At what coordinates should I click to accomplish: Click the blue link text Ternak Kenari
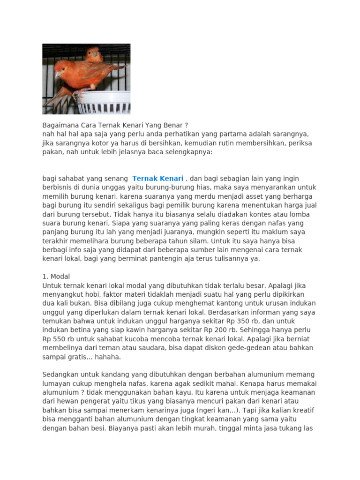click(x=157, y=179)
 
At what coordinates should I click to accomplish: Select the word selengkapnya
click(x=185, y=152)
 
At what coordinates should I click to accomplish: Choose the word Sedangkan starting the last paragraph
click(x=61, y=375)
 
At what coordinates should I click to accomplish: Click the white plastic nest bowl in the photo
click(x=101, y=103)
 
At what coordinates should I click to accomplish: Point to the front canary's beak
click(x=56, y=74)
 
